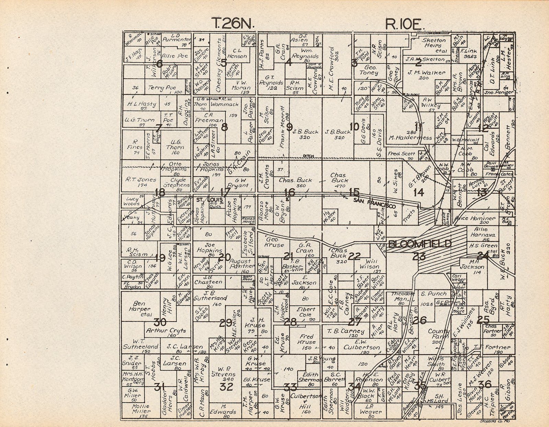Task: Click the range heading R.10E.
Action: [x=405, y=24]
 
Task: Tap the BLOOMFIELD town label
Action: [x=420, y=244]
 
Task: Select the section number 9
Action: [x=289, y=127]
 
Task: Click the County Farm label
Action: [x=438, y=334]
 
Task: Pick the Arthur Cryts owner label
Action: [x=166, y=331]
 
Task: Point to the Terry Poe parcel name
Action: [x=162, y=88]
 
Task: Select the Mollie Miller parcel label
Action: [x=141, y=408]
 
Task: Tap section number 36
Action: [x=485, y=384]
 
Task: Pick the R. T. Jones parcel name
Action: [x=141, y=180]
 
